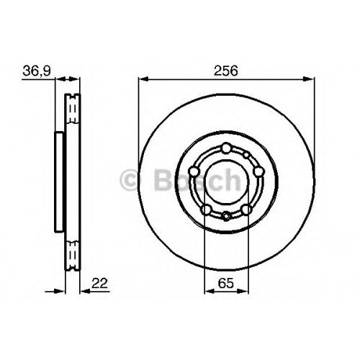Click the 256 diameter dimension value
point(226,71)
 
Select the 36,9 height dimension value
point(37,71)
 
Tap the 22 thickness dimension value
point(100,283)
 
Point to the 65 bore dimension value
point(225,283)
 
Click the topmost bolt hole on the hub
point(226,148)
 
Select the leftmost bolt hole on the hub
point(194,171)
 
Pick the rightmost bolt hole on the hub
point(258,171)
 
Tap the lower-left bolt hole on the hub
point(206,210)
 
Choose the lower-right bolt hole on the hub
point(246,210)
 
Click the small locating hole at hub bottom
point(226,216)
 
